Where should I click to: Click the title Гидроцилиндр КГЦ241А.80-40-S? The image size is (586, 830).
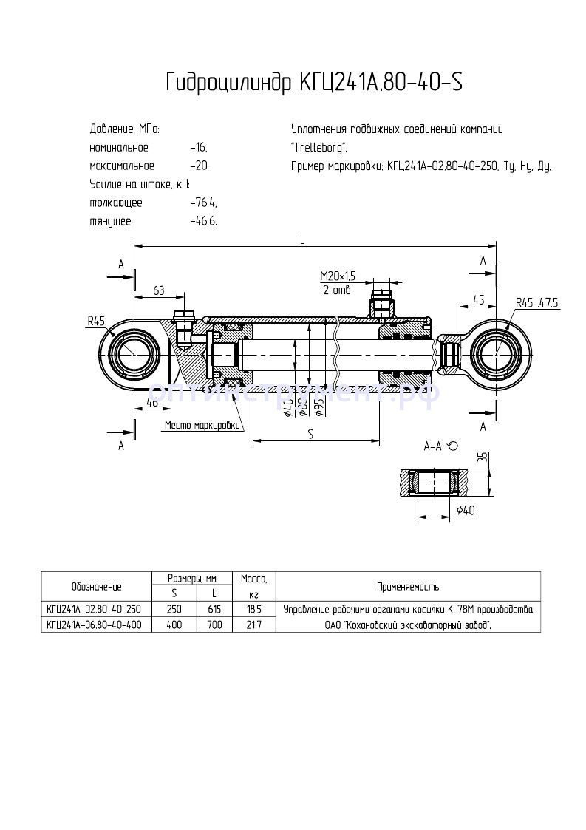pos(314,82)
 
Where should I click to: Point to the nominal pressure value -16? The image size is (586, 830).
pos(198,148)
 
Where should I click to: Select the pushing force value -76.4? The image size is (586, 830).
pos(202,203)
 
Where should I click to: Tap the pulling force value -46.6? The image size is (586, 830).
pos(202,221)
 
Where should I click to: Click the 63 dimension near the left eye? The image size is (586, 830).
pos(157,290)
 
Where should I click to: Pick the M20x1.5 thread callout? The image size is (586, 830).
pos(338,276)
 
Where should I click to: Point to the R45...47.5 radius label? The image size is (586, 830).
pos(537,302)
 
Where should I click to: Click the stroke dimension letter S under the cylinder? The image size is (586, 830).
pos(311,435)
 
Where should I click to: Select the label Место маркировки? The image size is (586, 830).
pos(202,425)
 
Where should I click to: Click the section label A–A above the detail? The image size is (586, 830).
pos(433,446)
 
